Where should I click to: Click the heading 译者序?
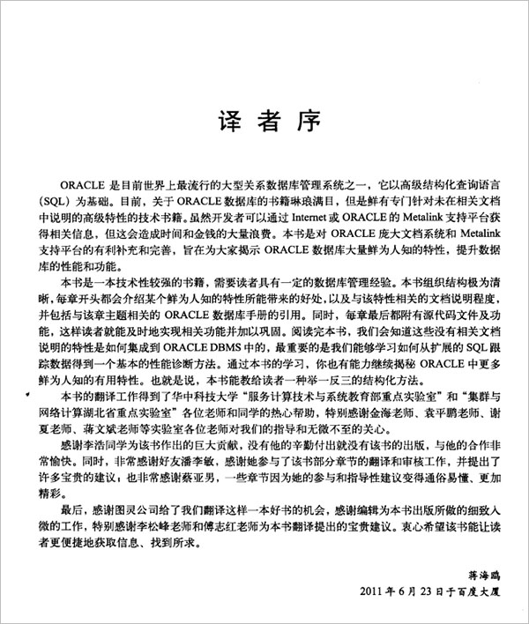coord(265,122)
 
